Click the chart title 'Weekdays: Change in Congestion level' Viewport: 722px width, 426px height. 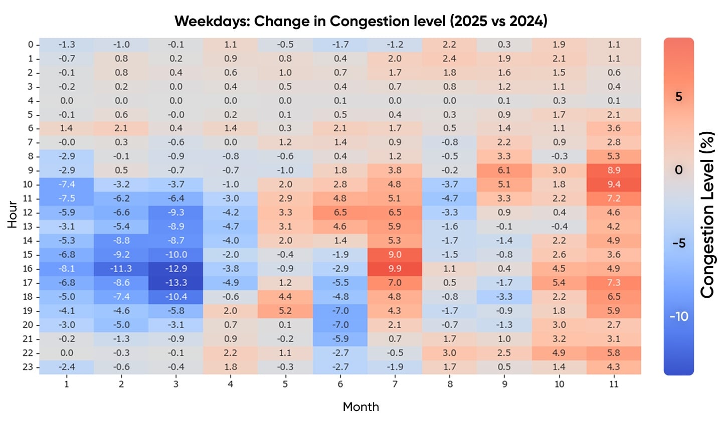(x=360, y=21)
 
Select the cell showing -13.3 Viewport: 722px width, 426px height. (x=176, y=283)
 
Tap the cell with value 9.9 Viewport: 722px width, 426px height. (x=395, y=269)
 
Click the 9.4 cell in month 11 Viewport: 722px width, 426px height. (x=614, y=184)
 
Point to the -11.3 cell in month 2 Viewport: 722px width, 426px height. (x=121, y=269)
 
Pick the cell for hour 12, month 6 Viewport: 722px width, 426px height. (x=340, y=212)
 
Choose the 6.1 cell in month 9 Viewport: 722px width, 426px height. (x=504, y=170)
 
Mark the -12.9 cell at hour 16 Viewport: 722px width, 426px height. (x=176, y=269)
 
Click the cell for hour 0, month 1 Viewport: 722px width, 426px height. (x=67, y=45)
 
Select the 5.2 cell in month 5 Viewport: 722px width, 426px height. (x=285, y=311)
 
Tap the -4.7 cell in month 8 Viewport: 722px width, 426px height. (x=449, y=198)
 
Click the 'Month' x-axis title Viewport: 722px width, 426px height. (x=360, y=407)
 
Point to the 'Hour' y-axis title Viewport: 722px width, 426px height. (x=13, y=215)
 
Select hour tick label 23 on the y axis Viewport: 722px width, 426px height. (x=28, y=367)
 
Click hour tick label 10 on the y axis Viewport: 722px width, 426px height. (x=28, y=184)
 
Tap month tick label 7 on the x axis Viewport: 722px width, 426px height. (x=395, y=384)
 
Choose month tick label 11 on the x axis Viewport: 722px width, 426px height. (x=614, y=384)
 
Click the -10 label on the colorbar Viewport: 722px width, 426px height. (x=679, y=317)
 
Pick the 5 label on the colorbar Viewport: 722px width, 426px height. (x=679, y=97)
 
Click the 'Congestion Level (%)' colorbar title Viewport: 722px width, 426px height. (x=707, y=215)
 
